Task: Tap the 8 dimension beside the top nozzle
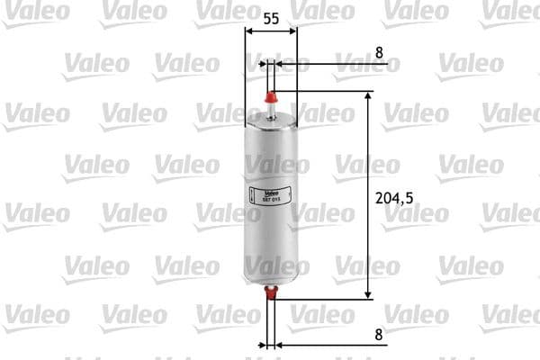379,52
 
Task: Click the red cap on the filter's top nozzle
270,94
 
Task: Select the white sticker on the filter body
263,192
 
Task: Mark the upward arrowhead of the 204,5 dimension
368,96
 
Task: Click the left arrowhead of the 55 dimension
249,31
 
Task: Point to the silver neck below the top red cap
270,109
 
